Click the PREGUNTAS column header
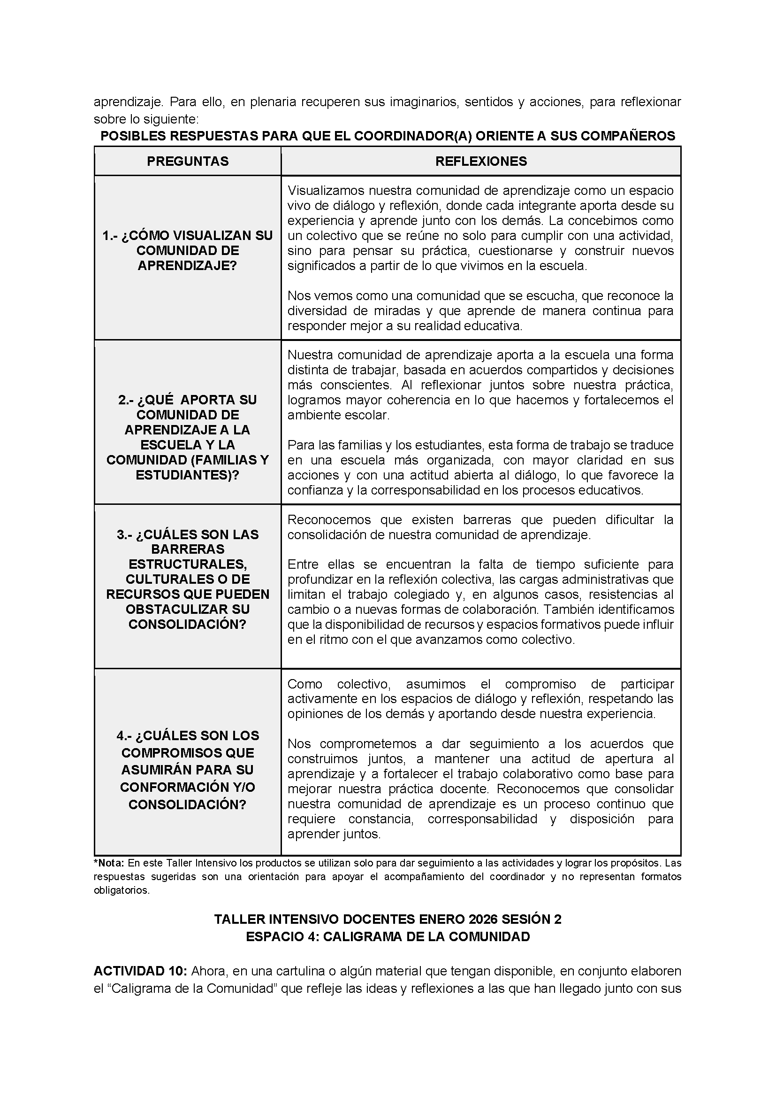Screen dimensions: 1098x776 [x=187, y=161]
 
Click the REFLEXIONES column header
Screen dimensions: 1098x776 [x=481, y=161]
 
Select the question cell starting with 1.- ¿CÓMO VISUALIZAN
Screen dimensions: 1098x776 [x=187, y=251]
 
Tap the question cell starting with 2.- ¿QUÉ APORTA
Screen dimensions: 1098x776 [x=187, y=437]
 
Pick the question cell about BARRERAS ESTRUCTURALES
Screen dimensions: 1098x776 [x=187, y=579]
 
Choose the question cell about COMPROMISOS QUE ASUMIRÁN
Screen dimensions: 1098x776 [x=187, y=769]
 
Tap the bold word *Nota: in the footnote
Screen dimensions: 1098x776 [x=109, y=863]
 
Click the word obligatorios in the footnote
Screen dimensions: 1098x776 [x=122, y=891]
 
